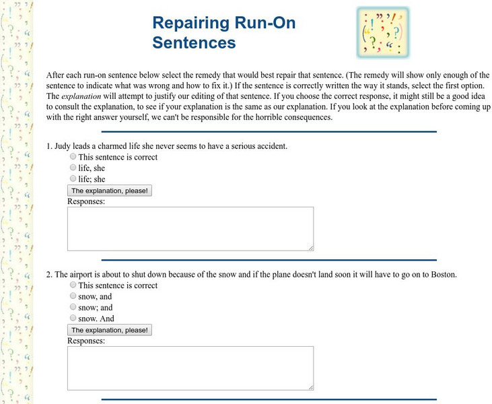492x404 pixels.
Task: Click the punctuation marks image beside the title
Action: point(382,31)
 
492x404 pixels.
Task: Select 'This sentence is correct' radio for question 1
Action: point(73,157)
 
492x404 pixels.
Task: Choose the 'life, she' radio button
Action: point(73,168)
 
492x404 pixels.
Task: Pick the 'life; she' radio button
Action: point(73,178)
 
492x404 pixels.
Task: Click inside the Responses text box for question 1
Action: point(190,229)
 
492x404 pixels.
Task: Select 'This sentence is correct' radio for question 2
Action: point(73,285)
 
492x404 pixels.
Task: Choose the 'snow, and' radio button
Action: point(73,296)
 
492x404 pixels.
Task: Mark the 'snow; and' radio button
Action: point(73,306)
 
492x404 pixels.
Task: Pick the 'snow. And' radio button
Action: point(73,318)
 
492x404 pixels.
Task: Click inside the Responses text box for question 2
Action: point(190,368)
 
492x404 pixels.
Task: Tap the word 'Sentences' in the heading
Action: point(194,42)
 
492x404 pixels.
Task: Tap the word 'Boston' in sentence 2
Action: point(442,275)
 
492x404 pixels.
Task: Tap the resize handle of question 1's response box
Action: point(310,248)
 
